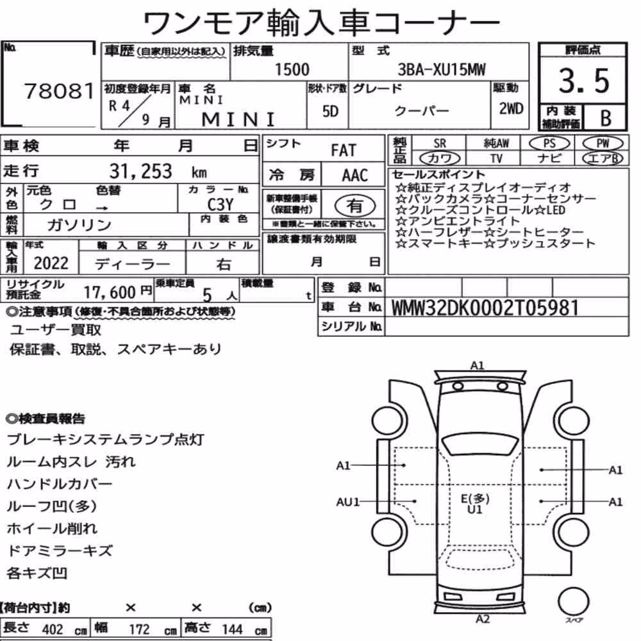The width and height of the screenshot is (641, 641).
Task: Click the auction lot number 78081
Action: click(x=59, y=91)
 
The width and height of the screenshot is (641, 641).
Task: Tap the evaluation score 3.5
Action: click(x=584, y=80)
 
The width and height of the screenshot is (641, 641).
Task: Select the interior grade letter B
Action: click(x=606, y=118)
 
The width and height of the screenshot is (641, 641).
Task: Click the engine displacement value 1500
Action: click(x=292, y=69)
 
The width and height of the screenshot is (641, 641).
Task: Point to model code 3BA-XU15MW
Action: click(x=442, y=69)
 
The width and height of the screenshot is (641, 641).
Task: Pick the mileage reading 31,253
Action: click(x=140, y=171)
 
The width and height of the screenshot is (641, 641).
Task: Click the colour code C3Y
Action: click(x=221, y=204)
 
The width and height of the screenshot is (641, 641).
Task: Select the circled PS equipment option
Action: click(x=549, y=143)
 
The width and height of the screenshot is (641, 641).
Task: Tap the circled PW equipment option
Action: click(x=603, y=143)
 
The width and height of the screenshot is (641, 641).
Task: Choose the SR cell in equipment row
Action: click(x=440, y=144)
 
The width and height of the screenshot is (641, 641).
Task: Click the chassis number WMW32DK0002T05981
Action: click(x=485, y=308)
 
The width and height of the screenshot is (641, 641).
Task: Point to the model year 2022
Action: click(x=51, y=263)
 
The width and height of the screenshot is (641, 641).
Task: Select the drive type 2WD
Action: click(x=511, y=108)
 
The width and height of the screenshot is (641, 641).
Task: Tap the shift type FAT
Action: click(x=344, y=151)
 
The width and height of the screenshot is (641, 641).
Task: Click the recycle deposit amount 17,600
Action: click(x=110, y=292)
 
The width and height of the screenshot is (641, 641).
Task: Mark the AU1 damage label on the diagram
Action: click(x=347, y=502)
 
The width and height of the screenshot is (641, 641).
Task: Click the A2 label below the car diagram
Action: click(x=483, y=619)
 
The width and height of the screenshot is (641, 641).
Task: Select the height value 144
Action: click(x=232, y=629)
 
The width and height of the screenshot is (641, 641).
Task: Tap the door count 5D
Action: click(x=330, y=111)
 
